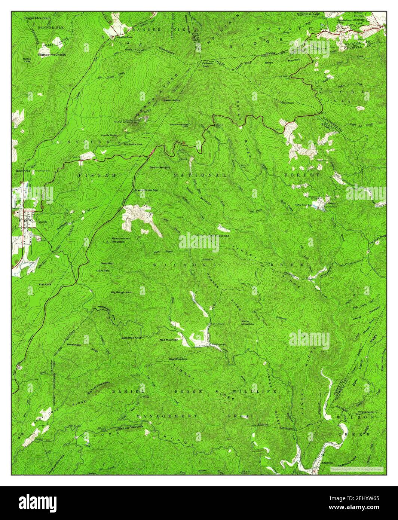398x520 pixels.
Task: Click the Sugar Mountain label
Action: pos(37,18)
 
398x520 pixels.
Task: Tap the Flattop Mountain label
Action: pos(52,55)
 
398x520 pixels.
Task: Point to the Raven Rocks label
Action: pos(171,100)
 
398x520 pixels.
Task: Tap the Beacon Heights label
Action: pos(160,167)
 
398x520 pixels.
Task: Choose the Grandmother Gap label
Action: pos(149,190)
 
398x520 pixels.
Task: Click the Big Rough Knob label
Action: pos(122,292)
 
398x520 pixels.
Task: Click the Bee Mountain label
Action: pos(178,359)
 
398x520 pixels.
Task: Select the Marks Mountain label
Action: pos(247,322)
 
